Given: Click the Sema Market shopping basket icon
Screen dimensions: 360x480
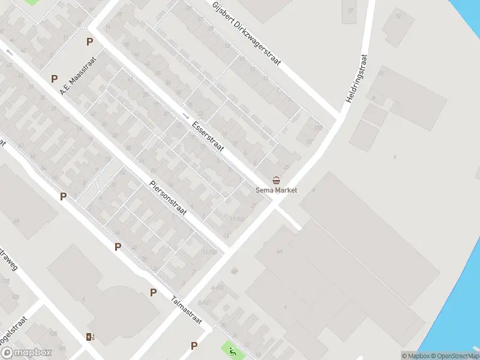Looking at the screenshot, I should (x=276, y=180).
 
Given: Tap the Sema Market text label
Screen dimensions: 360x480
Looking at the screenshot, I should (x=276, y=190).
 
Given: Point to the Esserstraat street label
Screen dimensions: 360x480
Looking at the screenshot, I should (x=208, y=137).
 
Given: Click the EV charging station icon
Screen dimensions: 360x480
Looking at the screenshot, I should (x=90, y=337).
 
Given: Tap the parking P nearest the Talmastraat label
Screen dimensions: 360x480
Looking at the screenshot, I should (x=154, y=292).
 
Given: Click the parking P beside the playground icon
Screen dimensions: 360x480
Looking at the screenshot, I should (x=194, y=346).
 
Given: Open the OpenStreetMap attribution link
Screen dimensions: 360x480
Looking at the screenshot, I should (x=454, y=356).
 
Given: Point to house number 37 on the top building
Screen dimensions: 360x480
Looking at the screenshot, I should (x=350, y=11).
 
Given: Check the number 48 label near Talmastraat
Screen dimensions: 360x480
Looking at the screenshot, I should (x=235, y=272).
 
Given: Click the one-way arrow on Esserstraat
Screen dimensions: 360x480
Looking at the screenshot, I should (x=185, y=115).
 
